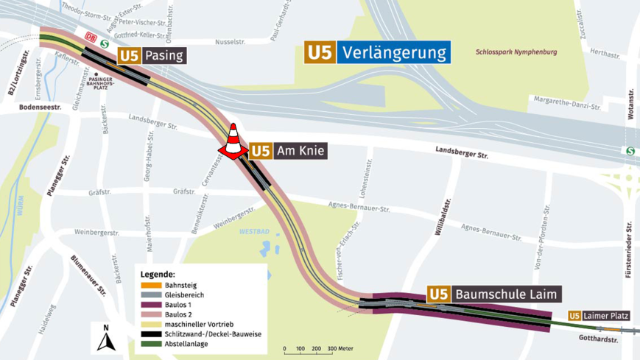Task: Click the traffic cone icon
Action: point(233,142)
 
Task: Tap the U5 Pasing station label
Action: point(151,56)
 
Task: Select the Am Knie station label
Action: point(287,152)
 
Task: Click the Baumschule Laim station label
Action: point(494,294)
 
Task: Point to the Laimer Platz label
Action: point(599,316)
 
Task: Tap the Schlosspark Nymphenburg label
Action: point(516,52)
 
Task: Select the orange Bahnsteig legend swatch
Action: point(151,286)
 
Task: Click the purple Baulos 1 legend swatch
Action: point(151,305)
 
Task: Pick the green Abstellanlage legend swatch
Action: point(151,344)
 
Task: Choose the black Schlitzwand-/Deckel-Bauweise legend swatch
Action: point(151,334)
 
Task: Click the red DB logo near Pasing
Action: point(91,37)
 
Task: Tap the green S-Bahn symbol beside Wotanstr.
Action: point(630,151)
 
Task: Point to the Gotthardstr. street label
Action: point(598,339)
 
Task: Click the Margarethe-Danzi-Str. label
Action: point(566,102)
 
